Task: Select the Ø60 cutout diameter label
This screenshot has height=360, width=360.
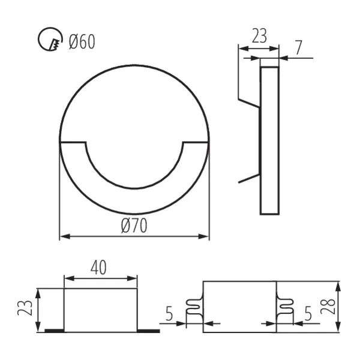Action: coord(81,41)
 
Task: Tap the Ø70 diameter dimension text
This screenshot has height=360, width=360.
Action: coord(134,226)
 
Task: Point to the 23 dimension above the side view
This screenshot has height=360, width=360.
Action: coord(259,37)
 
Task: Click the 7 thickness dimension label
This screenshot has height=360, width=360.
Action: coord(299,46)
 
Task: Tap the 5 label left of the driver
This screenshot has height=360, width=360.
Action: coord(170,313)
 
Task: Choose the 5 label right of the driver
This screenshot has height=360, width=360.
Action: coord(308,313)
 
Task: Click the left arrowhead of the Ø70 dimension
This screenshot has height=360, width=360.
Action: coord(62,237)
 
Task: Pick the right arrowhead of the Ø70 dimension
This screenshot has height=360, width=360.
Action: coord(206,237)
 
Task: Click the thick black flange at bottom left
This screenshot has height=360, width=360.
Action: coord(54,331)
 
